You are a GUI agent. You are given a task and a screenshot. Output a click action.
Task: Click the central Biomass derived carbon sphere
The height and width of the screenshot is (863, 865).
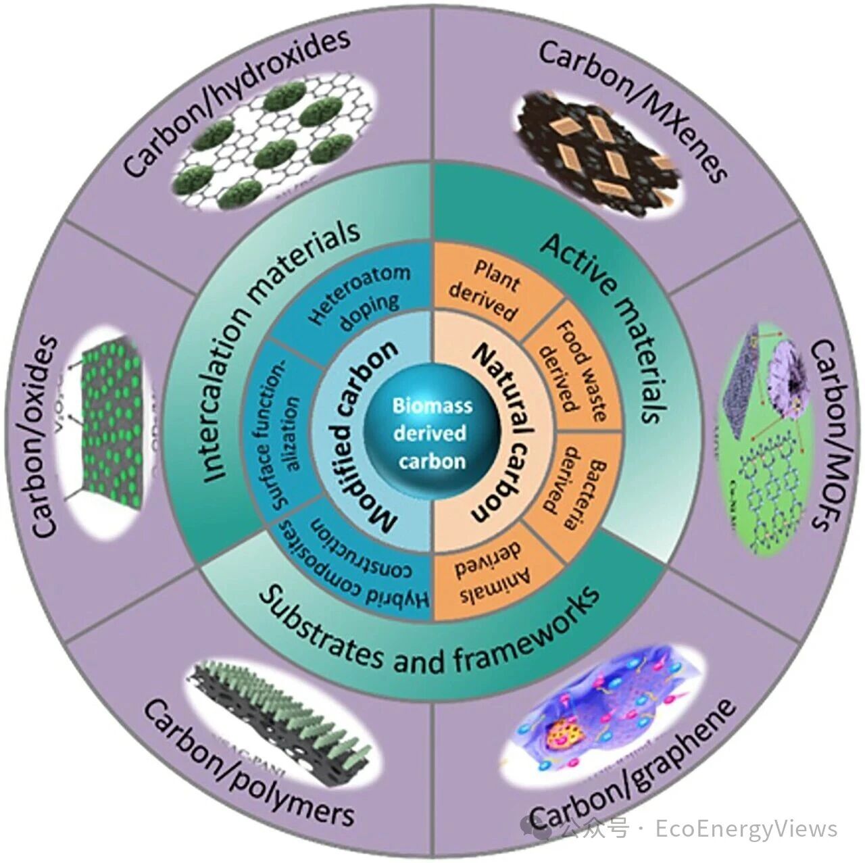pyautogui.click(x=430, y=433)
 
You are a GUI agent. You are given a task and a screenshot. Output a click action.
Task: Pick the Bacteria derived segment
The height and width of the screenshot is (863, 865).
pyautogui.click(x=575, y=486)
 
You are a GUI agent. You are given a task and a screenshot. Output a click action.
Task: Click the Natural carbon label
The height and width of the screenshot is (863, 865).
pyautogui.click(x=503, y=433)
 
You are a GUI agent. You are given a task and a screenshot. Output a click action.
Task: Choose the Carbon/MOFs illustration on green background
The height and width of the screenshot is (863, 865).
pyautogui.click(x=764, y=433)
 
